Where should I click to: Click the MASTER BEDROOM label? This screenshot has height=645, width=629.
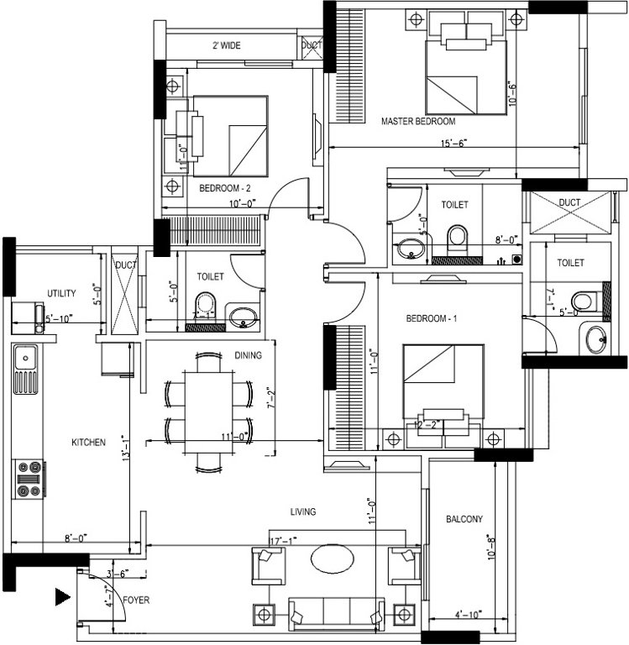pos(418,122)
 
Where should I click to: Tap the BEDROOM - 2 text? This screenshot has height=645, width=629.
pos(224,188)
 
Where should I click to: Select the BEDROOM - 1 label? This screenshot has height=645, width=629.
pos(430,319)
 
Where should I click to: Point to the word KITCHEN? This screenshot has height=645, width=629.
pos(88,442)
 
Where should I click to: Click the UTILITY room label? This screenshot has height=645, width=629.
pos(61,294)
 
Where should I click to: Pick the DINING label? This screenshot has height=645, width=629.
pos(249,355)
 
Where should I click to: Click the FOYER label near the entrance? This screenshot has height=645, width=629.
pos(135,601)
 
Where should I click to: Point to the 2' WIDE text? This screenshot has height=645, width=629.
pos(227,45)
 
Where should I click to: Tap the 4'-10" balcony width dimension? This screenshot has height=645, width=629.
pos(466,615)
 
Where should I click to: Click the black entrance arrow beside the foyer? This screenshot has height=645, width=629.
pos(62,597)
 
